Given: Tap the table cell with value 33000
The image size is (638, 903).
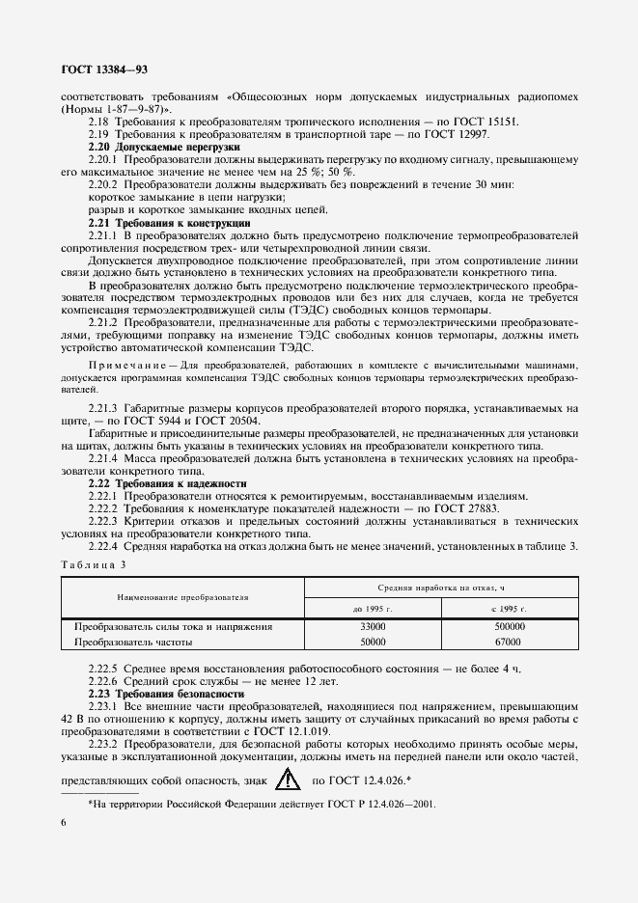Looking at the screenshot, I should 374,626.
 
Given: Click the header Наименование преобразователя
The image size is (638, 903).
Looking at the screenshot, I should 183,597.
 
